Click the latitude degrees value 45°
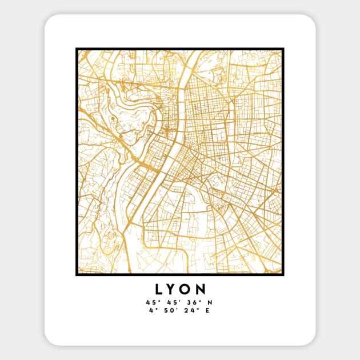pos(150,302)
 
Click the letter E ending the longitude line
pos(208,311)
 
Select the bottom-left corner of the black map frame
pos(77,274)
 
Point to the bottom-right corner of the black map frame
pos(283,274)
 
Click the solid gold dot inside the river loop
pos(113,119)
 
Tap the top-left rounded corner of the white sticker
pos(49,19)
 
